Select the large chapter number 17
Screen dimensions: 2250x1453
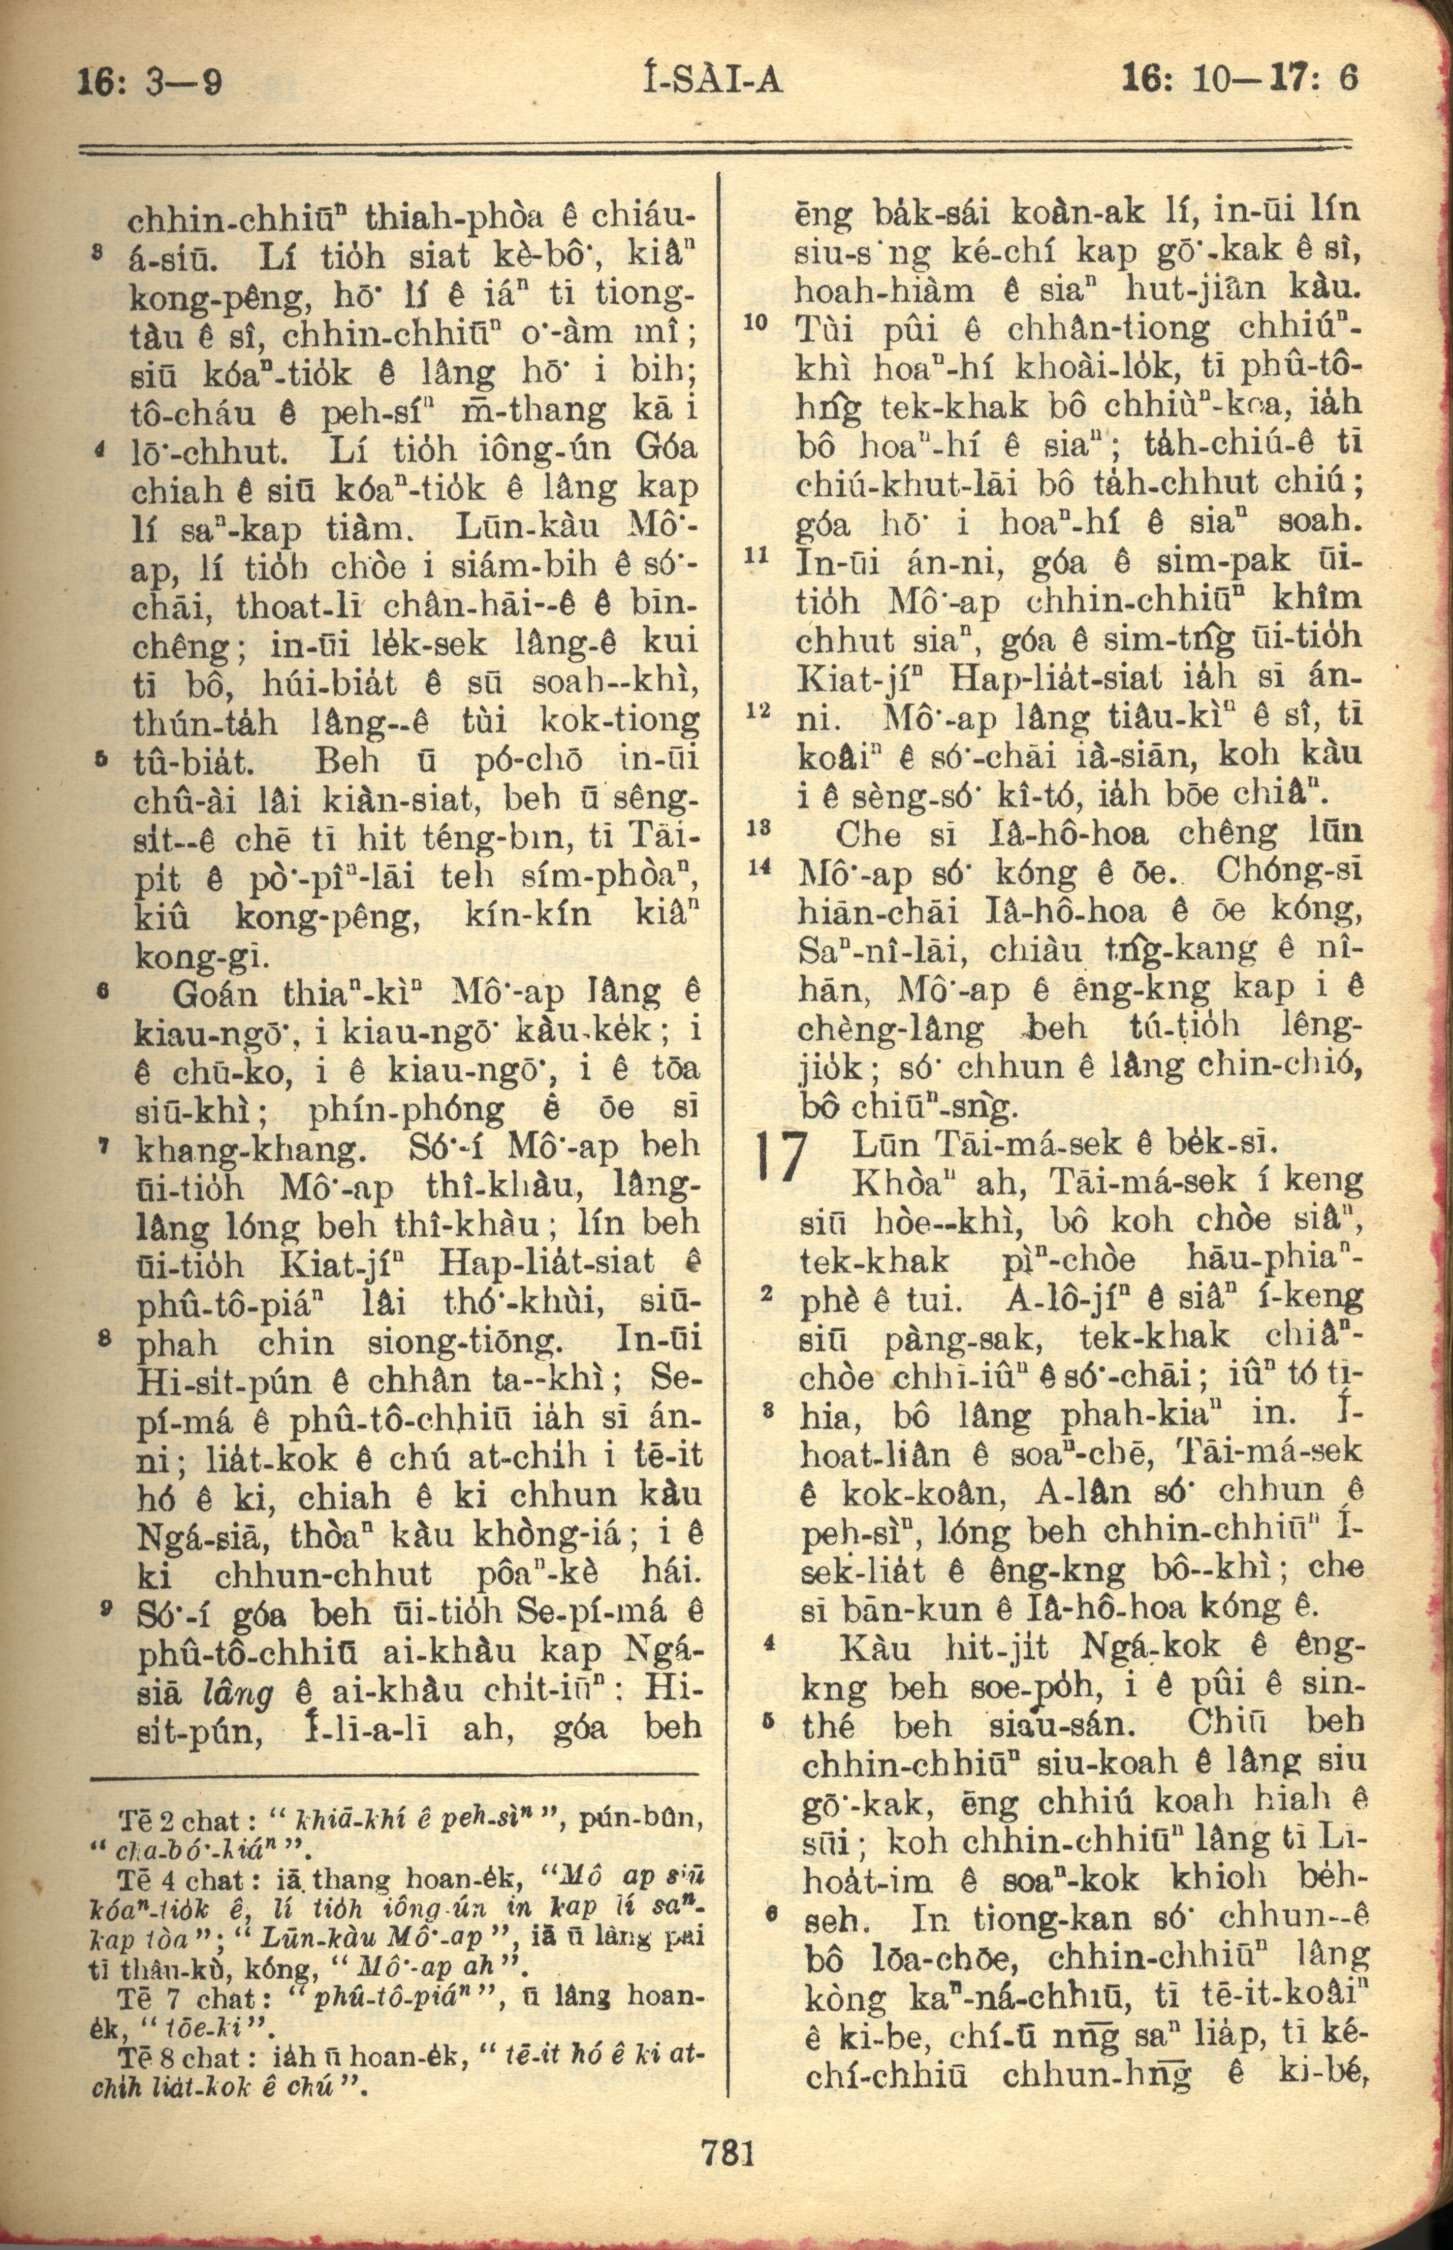783,1157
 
